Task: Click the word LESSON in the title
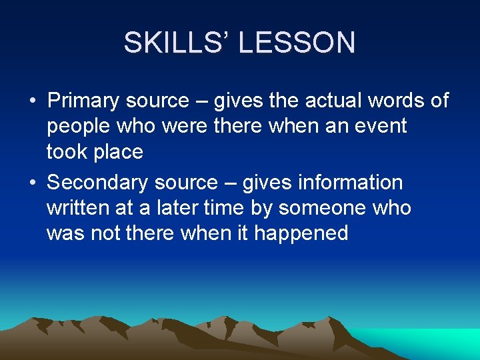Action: point(297,43)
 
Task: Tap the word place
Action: point(118,152)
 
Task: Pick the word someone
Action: point(323,208)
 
